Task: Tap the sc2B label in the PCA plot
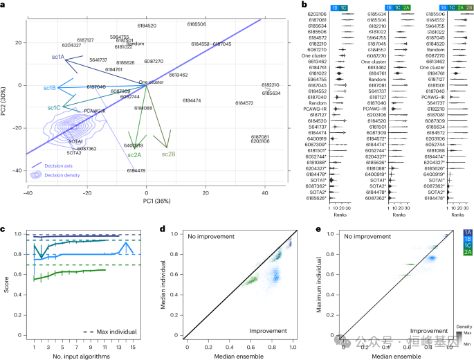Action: pyautogui.click(x=168, y=153)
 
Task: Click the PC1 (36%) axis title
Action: pyautogui.click(x=147, y=201)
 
